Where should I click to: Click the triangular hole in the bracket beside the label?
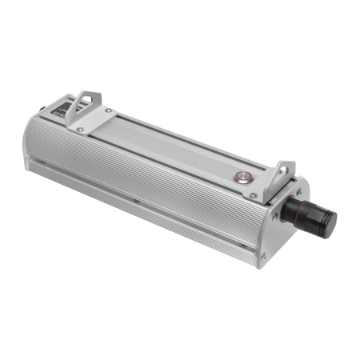(x=82, y=106)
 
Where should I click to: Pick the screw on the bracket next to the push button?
(x=254, y=194)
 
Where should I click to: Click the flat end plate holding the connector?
(x=280, y=224)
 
